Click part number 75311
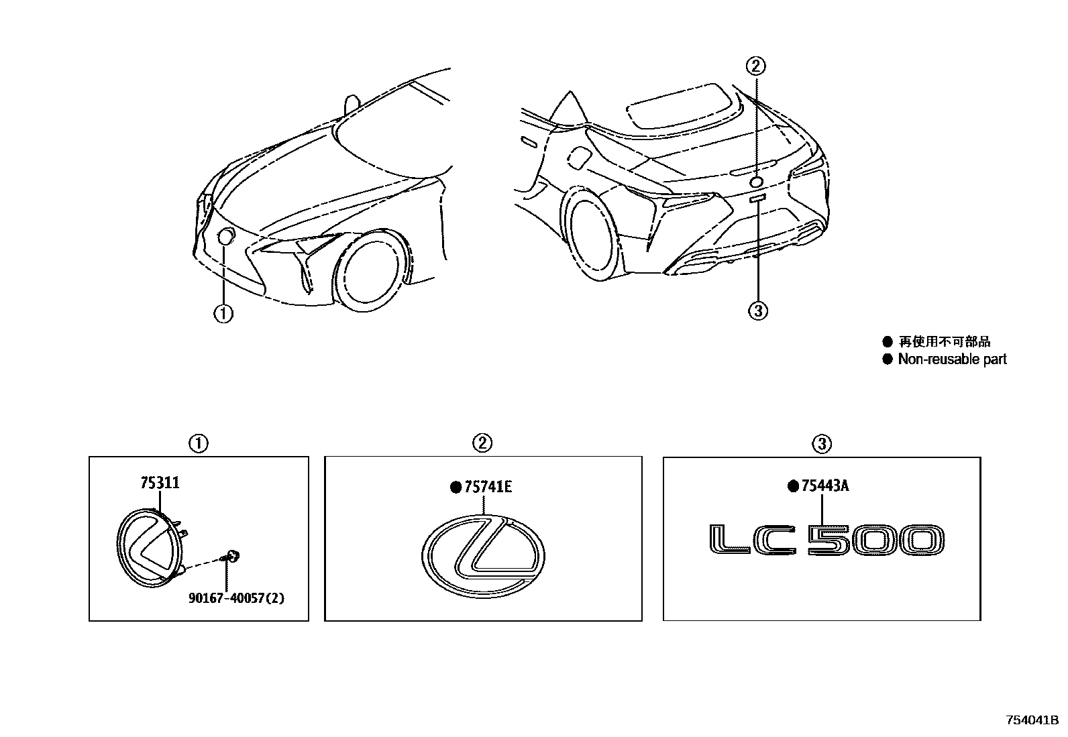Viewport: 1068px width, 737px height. tap(160, 483)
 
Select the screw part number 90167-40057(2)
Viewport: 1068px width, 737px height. tap(236, 598)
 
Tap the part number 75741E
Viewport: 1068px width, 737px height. tap(487, 487)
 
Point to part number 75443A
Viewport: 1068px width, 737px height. tap(824, 486)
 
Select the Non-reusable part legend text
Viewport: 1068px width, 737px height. tap(952, 359)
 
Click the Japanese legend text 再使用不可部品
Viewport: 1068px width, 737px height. tap(944, 342)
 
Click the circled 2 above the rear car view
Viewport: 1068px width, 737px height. tap(756, 66)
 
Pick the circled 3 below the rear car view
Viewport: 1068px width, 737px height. tap(757, 310)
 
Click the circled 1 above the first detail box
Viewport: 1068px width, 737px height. tap(199, 443)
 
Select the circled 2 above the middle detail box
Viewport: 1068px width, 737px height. tap(482, 443)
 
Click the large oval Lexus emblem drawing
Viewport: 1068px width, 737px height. tap(483, 555)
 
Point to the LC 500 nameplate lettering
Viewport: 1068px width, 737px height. tap(826, 541)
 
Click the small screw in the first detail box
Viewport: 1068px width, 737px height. tap(232, 555)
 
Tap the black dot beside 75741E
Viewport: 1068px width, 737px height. tap(456, 488)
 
